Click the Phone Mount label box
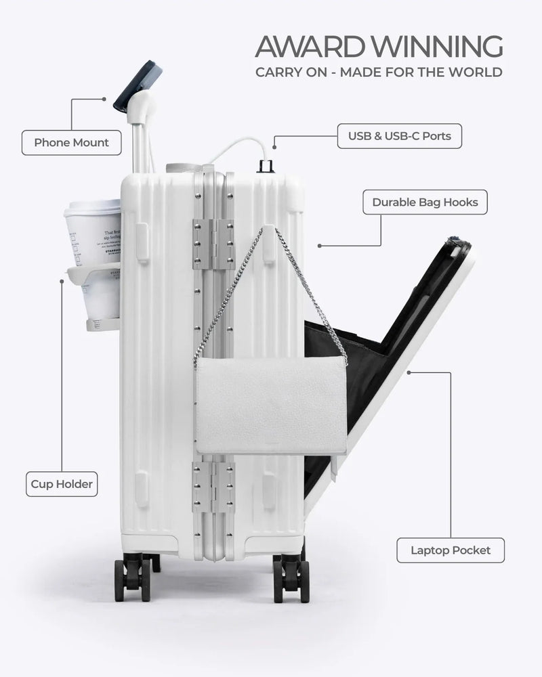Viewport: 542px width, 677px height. click(71, 143)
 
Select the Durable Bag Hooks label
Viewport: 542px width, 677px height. click(425, 202)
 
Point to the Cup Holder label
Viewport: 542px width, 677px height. click(62, 484)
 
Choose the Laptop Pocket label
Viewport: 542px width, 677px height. click(451, 550)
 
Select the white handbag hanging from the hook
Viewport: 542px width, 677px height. click(271, 405)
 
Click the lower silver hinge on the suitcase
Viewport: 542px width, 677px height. click(213, 486)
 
